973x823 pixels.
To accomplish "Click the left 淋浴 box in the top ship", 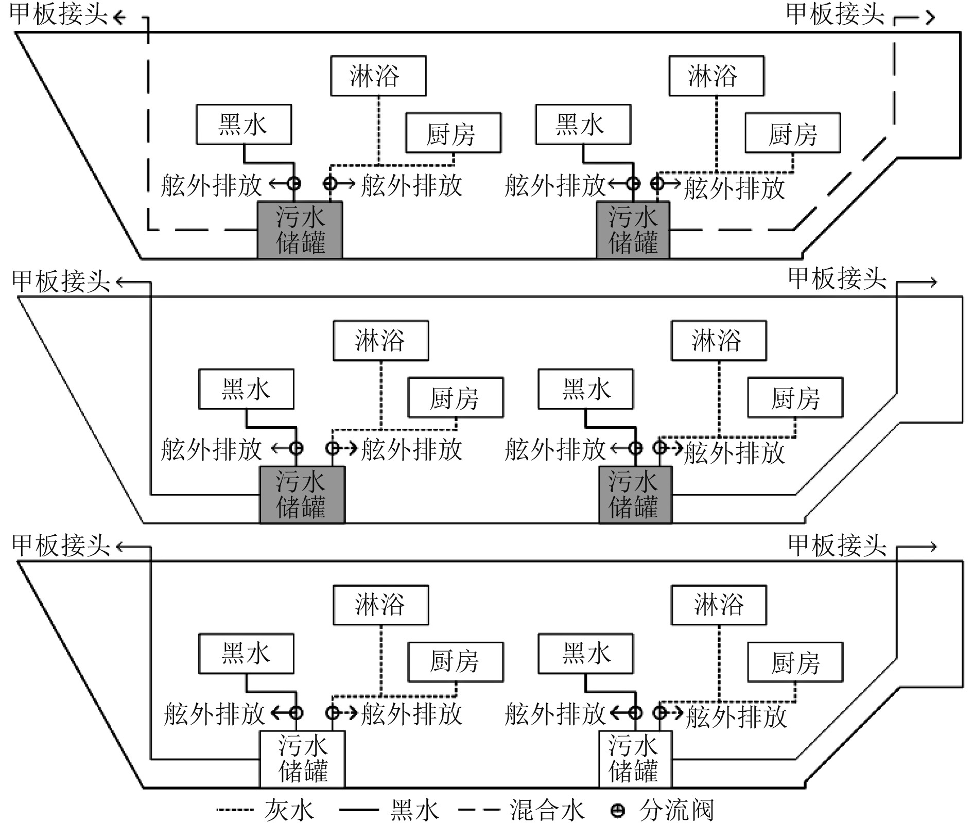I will tap(378, 76).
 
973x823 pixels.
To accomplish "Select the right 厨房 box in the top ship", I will tap(792, 133).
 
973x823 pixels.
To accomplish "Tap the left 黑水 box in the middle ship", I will tap(246, 389).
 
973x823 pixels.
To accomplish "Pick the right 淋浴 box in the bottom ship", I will tap(719, 605).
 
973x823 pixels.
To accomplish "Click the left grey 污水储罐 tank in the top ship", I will tap(300, 230).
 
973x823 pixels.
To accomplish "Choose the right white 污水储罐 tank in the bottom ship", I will tap(635, 759).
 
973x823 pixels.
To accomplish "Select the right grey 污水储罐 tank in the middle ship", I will tap(635, 495).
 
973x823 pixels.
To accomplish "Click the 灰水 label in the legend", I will tap(289, 810).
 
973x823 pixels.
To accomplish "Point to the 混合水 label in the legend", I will tap(546, 810).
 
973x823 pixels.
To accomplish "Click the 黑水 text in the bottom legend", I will tap(414, 810).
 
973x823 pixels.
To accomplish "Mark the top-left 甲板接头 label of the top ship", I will tap(58, 14).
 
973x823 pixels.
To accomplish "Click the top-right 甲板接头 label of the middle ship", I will tap(837, 279).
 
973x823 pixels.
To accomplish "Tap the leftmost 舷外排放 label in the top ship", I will tap(211, 185).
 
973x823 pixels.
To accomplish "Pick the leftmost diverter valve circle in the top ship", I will tap(294, 183).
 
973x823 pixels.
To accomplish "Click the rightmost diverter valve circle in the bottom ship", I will tap(660, 713).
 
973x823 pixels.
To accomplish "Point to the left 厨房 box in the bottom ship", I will tap(455, 662).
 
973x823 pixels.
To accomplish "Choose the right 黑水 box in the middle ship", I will tap(585, 389).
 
